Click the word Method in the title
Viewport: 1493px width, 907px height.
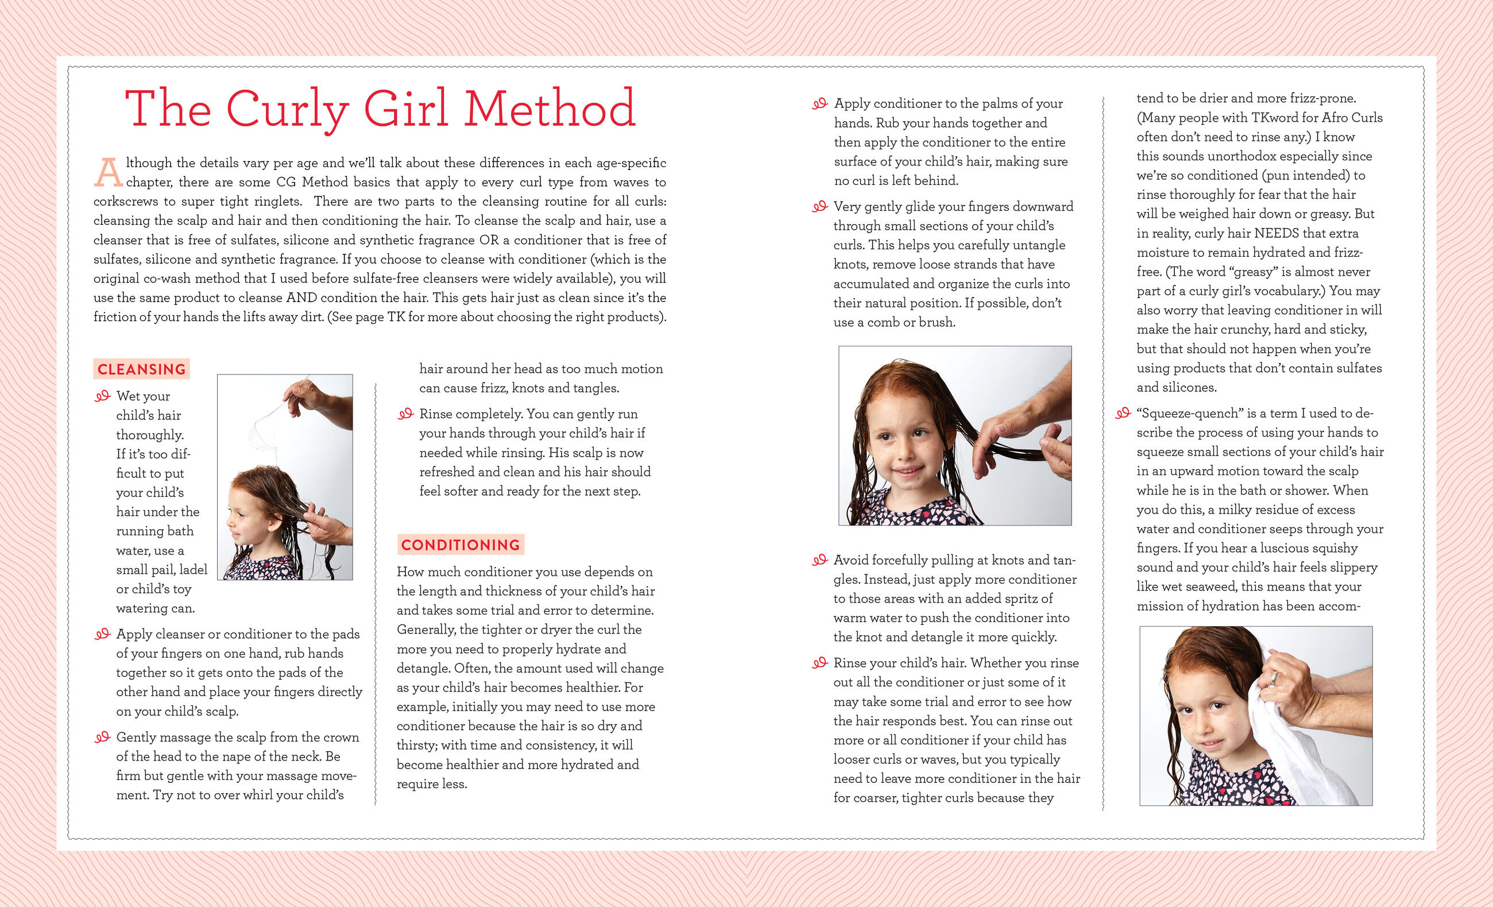point(550,108)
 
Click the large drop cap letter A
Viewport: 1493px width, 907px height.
point(109,172)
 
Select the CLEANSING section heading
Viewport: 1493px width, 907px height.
point(142,369)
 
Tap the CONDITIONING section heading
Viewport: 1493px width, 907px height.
point(461,545)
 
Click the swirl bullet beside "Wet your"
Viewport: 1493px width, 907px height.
point(102,396)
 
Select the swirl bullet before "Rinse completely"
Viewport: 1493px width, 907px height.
point(405,414)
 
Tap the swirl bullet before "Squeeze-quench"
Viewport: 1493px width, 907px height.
point(1123,414)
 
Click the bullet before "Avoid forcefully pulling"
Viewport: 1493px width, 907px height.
point(819,560)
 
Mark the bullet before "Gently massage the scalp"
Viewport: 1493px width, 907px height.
point(102,737)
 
